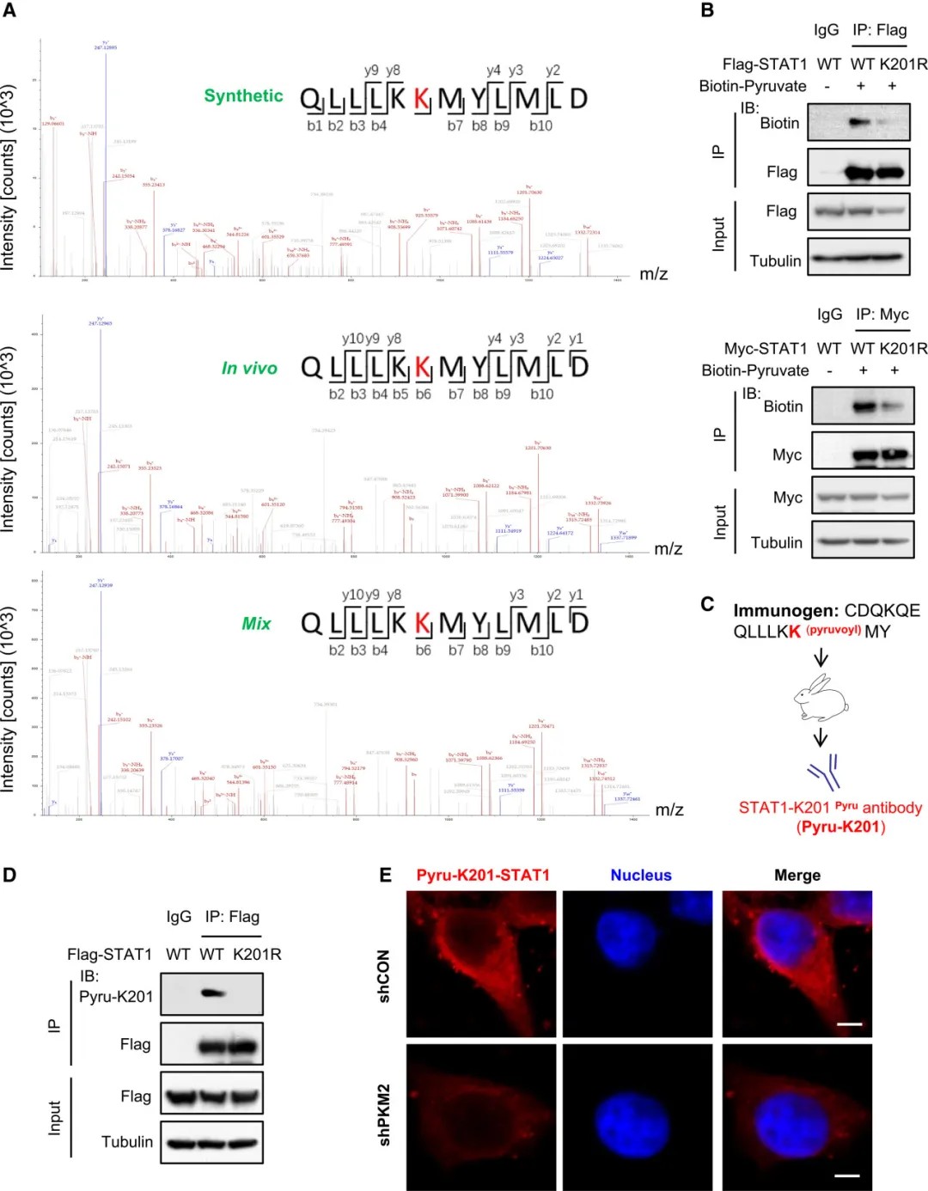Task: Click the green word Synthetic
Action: coord(243,96)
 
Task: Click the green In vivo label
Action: coord(249,369)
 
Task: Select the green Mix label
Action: coord(256,624)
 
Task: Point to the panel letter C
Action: coord(707,604)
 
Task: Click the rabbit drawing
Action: coord(821,698)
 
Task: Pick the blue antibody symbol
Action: coord(824,771)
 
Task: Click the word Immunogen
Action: coord(785,611)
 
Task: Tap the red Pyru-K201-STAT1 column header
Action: coord(482,875)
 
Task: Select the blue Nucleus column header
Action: coord(640,875)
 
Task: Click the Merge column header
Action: coord(797,875)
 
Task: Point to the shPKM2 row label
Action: coord(384,1114)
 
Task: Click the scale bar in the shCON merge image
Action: coord(849,1024)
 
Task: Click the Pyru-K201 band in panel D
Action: coord(211,993)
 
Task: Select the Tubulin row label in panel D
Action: coord(127,1142)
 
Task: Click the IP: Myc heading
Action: coord(882,315)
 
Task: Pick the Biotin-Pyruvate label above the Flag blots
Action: coord(753,86)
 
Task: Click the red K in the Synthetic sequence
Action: coord(421,99)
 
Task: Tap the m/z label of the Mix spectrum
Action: coord(669,809)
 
